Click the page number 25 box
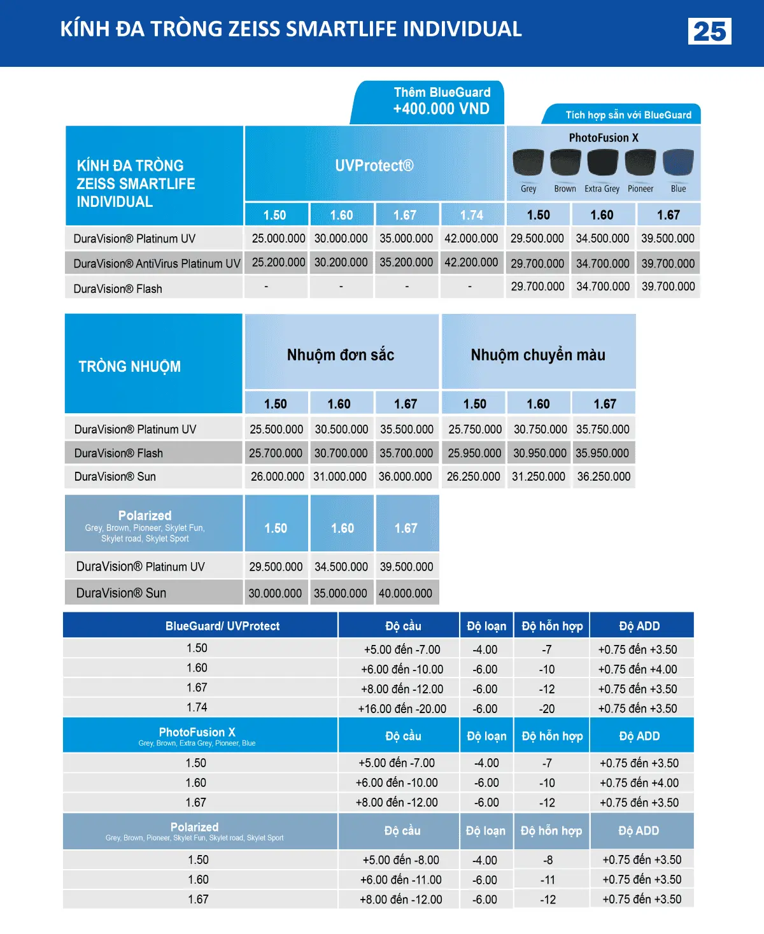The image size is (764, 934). tap(709, 31)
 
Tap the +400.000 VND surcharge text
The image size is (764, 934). tap(441, 109)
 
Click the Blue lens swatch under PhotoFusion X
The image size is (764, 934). tap(678, 163)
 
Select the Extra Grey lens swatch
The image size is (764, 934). tap(602, 163)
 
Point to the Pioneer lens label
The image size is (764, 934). tap(640, 189)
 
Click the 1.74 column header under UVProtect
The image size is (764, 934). tap(472, 215)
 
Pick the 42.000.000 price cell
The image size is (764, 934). tap(471, 239)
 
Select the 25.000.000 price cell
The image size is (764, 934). tap(278, 239)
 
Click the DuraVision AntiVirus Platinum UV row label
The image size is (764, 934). tap(157, 264)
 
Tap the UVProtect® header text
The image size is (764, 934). tap(374, 166)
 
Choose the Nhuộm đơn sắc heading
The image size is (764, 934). tap(341, 355)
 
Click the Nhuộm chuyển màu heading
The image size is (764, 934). tap(538, 355)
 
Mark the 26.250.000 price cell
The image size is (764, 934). tap(473, 477)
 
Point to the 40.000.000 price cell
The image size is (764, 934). tap(406, 593)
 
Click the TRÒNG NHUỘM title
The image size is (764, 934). tap(130, 367)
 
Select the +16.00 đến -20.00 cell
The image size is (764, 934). tap(402, 709)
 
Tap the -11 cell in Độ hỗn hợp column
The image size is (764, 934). tap(548, 881)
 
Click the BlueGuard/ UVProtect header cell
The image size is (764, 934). tap(222, 626)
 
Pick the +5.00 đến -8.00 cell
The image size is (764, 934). tap(400, 861)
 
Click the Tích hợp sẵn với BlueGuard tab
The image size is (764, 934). tap(628, 115)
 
